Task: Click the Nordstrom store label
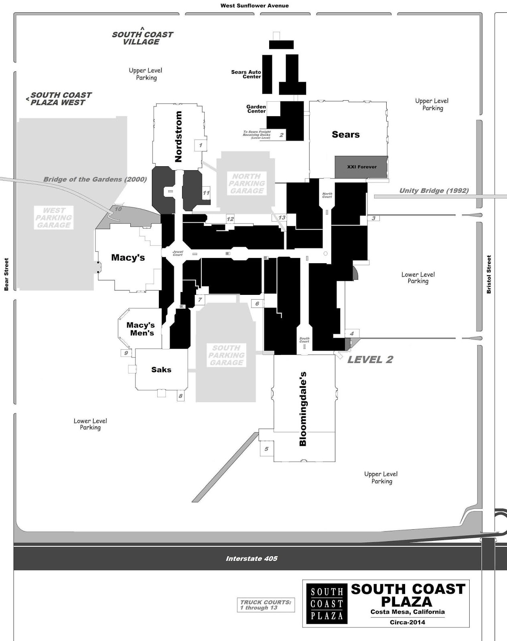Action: click(178, 137)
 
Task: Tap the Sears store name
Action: click(345, 135)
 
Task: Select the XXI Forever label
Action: click(361, 167)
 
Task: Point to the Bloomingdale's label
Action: click(303, 409)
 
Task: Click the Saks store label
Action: click(161, 369)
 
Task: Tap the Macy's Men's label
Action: click(140, 329)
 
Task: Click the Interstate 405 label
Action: click(251, 558)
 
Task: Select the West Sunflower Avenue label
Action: click(254, 6)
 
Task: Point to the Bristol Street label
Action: click(489, 274)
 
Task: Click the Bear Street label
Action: click(6, 274)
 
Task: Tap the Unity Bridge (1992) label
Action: click(434, 191)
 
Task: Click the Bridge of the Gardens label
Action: click(95, 179)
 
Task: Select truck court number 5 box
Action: click(266, 449)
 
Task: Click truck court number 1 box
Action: click(201, 145)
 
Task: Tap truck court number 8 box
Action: click(180, 396)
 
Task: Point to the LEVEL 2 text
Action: click(370, 359)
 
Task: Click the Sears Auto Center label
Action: click(246, 74)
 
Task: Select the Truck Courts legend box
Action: click(266, 605)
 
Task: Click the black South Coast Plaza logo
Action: click(327, 604)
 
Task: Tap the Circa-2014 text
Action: click(407, 622)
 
